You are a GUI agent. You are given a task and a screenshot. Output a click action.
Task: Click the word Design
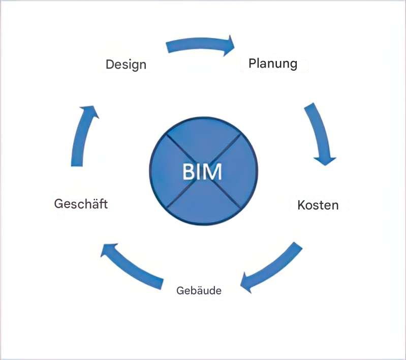coord(126,65)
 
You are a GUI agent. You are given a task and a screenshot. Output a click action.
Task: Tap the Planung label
coord(272,64)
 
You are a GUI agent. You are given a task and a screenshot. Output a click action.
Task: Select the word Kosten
coord(318,205)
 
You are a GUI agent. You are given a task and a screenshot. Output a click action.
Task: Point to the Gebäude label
coord(199,291)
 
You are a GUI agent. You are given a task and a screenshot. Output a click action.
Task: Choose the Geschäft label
coord(81,204)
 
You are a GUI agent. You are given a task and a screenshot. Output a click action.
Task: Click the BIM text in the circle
coord(202,172)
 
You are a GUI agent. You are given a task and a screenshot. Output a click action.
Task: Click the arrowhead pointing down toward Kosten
coord(325,158)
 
